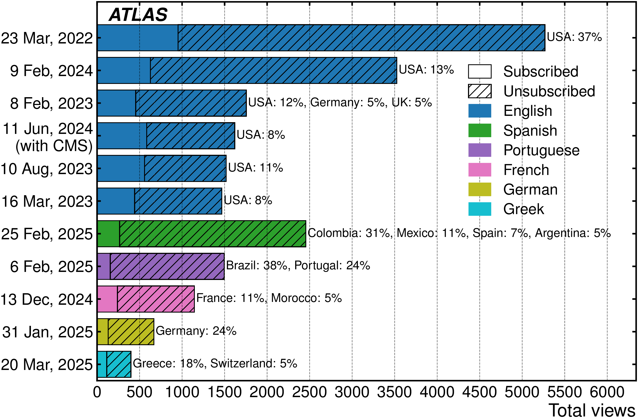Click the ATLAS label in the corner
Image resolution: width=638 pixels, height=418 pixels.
138,15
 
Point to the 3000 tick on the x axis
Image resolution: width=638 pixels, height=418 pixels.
352,392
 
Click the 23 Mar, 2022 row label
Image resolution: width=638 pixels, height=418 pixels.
47,38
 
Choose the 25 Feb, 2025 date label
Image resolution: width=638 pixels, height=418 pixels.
47,234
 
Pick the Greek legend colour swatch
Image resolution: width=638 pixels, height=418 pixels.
480,209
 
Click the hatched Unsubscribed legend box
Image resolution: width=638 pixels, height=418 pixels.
480,91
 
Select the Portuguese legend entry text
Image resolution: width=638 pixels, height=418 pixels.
541,150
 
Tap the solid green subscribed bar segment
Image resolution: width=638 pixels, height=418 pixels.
108,233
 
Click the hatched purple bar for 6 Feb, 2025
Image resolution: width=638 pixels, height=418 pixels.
167,266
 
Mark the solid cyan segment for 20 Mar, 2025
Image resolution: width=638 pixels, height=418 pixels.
102,364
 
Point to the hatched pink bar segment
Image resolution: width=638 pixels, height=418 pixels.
155,299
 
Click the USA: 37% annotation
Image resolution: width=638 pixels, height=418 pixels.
574,37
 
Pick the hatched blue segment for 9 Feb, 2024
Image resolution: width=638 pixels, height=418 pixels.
273,70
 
